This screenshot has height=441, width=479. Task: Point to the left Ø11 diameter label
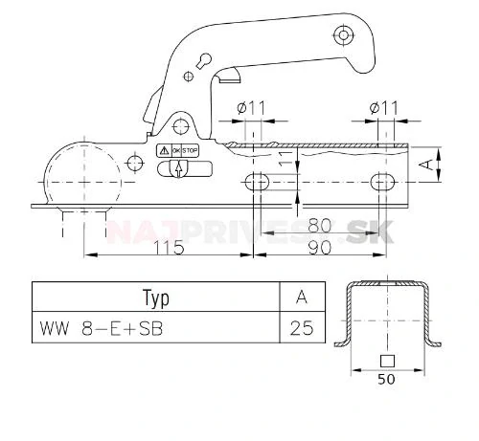coord(252,109)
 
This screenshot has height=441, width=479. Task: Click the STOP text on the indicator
coord(191,151)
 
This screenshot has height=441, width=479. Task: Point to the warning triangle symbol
coord(165,151)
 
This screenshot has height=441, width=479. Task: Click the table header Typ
coord(155,298)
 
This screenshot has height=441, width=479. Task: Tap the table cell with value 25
coord(301,329)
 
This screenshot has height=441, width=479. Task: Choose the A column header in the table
coord(301,298)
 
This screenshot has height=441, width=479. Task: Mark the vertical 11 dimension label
coord(285,160)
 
